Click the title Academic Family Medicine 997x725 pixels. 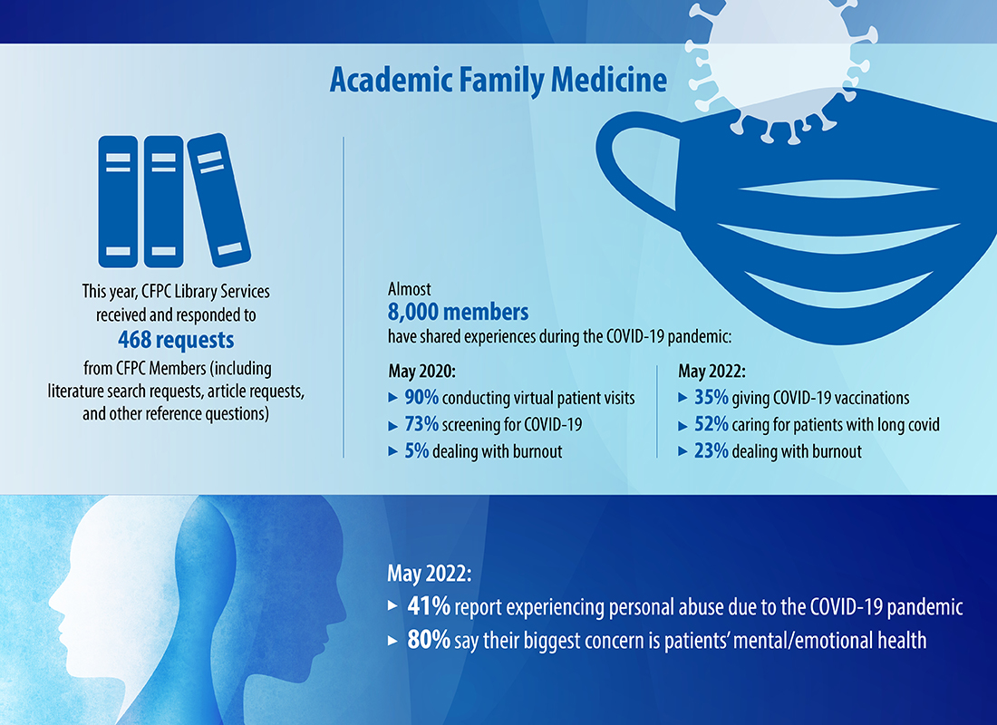click(498, 81)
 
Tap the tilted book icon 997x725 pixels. click(218, 199)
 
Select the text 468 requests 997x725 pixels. click(176, 340)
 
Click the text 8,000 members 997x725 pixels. click(458, 313)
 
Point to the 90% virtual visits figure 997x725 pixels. click(421, 398)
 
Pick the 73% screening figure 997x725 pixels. click(421, 424)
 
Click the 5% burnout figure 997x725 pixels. click(417, 451)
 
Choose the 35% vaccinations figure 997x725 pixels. click(711, 398)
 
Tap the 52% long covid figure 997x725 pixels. click(711, 424)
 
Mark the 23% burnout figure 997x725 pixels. click(711, 451)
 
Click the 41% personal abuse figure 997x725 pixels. click(429, 606)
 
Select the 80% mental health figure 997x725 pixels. click(429, 640)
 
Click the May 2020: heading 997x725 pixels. click(421, 372)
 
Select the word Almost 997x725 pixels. click(409, 289)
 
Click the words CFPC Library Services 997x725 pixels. click(206, 291)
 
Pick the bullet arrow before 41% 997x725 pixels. click(392, 606)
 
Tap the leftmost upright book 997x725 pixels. click(118, 201)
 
